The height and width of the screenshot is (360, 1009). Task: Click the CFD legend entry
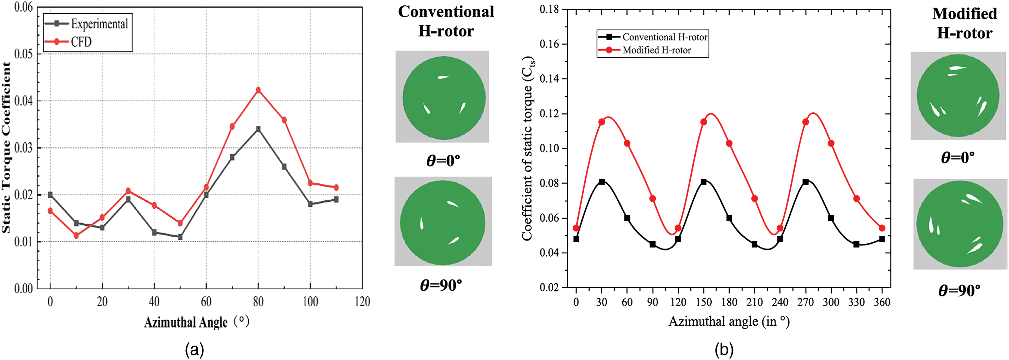(81, 42)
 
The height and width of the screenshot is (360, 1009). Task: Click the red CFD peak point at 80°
(258, 90)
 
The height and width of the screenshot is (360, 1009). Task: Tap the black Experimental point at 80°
(258, 129)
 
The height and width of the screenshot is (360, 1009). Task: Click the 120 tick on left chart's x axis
(362, 301)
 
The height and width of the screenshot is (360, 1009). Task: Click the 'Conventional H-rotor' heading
(446, 21)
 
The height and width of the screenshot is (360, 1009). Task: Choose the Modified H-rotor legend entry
(657, 50)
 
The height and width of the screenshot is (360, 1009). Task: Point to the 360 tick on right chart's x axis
(882, 302)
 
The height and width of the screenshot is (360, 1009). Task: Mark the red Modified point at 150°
(704, 122)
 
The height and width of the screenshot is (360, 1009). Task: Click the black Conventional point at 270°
(806, 182)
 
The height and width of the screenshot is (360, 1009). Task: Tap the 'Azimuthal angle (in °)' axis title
(729, 321)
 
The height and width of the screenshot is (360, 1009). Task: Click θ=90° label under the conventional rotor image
(441, 285)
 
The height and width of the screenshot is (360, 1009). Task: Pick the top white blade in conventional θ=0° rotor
(443, 77)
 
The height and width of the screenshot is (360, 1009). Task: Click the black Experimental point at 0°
(50, 195)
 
